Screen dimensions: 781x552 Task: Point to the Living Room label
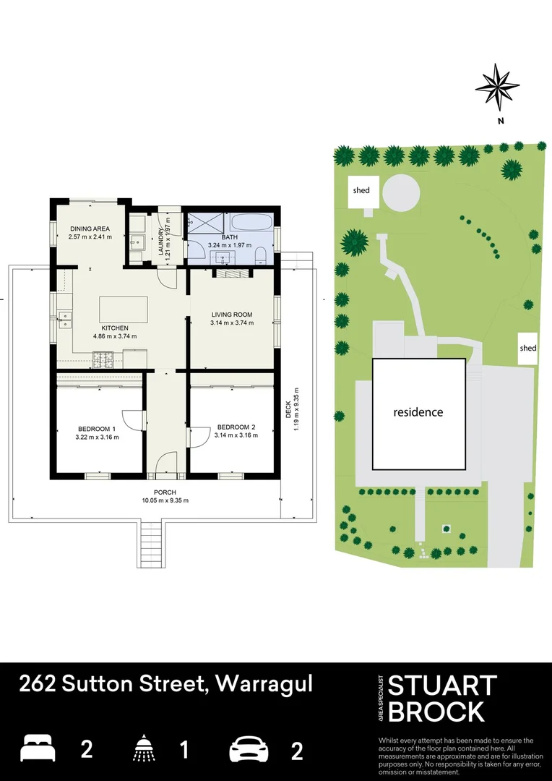point(231,314)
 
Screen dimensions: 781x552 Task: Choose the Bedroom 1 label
point(97,427)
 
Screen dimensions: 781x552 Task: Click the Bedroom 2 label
point(236,427)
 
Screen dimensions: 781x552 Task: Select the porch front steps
point(150,544)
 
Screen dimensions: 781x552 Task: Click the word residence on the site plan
point(418,412)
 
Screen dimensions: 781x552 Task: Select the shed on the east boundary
point(528,348)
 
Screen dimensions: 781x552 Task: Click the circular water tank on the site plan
point(400,192)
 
